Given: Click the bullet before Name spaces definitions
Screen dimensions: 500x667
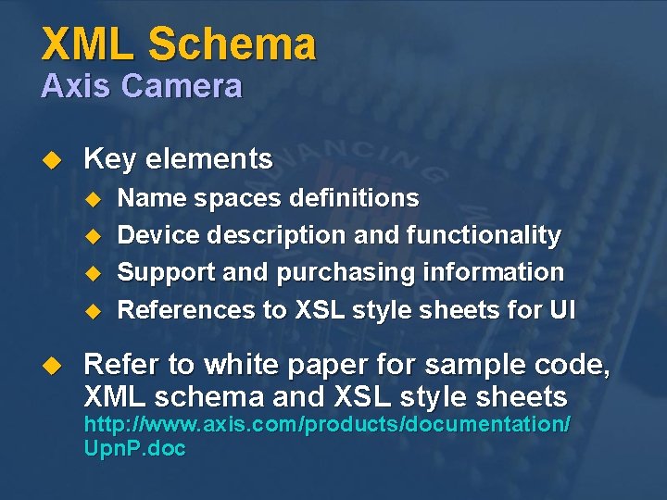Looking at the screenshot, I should point(91,199).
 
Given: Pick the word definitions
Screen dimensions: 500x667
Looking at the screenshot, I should point(354,198).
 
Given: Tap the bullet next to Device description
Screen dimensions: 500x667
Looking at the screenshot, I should point(91,236).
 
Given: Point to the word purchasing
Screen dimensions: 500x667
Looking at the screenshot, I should point(321,273).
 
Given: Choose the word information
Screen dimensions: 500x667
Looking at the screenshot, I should point(492,272).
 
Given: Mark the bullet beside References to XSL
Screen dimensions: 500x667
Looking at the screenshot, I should point(91,310).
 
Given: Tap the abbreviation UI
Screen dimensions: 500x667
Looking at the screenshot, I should point(561,309).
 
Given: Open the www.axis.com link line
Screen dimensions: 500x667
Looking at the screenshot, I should point(327,425).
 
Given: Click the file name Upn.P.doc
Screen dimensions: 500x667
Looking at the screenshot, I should point(135,449).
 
